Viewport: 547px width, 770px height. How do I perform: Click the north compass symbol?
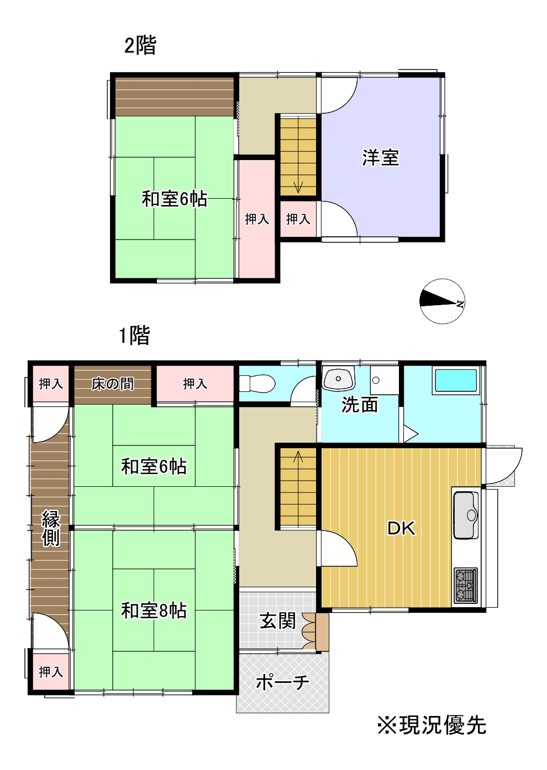[x=442, y=301]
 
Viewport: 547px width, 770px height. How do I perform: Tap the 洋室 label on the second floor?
[x=380, y=158]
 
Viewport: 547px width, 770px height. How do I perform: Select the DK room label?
[x=401, y=528]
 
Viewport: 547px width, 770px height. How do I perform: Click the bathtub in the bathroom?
[x=456, y=381]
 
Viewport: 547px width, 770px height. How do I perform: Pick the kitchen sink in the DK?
[x=466, y=515]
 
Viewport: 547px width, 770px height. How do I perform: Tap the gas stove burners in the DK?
[x=465, y=586]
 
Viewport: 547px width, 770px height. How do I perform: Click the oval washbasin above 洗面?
[x=338, y=379]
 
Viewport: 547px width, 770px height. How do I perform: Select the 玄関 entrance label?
[x=278, y=621]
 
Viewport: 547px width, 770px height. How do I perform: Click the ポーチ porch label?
[x=282, y=683]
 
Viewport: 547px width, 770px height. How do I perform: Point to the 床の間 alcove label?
[x=113, y=384]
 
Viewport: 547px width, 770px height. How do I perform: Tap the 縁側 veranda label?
[x=51, y=528]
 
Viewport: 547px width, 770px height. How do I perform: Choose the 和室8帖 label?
[x=154, y=611]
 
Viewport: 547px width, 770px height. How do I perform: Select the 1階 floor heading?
[x=134, y=335]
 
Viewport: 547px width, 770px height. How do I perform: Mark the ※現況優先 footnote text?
[x=432, y=725]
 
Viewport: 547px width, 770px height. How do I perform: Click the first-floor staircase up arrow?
[x=298, y=456]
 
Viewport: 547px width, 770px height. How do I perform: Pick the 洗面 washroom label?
[x=360, y=405]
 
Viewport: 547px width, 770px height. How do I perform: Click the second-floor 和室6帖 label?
[x=174, y=199]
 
